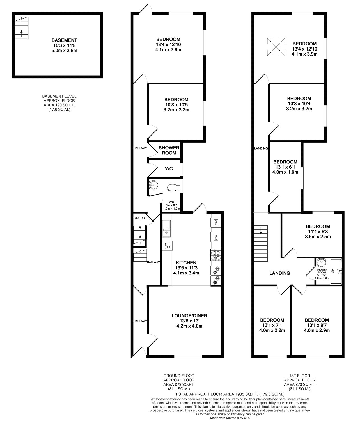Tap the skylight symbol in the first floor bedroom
pyautogui.click(x=276, y=47)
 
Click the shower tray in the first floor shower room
pyautogui.click(x=336, y=271)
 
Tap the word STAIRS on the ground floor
pyautogui.click(x=139, y=218)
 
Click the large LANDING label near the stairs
pyautogui.click(x=279, y=273)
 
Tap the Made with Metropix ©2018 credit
pyautogui.click(x=230, y=418)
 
